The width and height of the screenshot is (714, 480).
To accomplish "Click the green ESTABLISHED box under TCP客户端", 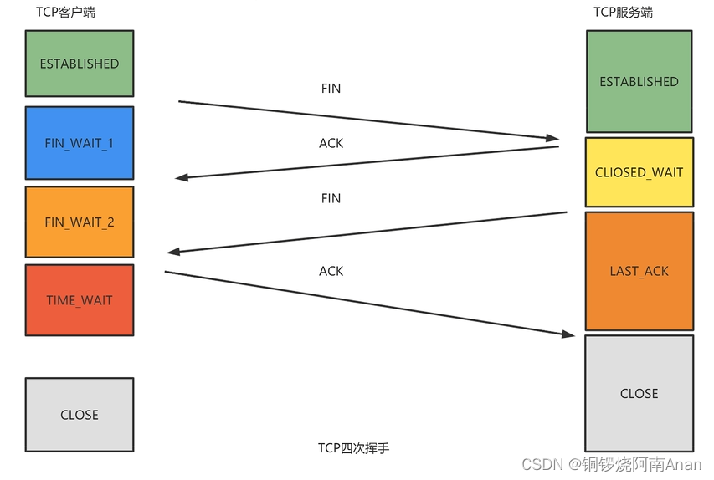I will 80,63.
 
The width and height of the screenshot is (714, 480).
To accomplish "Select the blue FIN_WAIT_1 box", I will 80,143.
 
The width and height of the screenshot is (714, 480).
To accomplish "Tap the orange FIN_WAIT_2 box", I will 80,222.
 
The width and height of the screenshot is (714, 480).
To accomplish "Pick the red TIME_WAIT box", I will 80,300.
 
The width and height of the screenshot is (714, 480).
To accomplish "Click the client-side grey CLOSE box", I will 80,415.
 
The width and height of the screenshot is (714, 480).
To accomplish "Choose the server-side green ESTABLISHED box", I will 639,81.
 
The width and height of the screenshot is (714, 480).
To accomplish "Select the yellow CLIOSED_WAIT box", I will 639,172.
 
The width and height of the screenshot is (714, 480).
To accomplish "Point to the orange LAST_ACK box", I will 639,271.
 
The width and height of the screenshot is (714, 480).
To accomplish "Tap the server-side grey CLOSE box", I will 639,393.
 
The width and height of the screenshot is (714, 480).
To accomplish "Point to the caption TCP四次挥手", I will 353,448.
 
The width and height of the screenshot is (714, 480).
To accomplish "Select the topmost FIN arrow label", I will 331,88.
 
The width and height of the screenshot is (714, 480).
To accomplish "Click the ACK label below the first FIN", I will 331,143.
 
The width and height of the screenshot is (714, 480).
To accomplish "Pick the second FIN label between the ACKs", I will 331,198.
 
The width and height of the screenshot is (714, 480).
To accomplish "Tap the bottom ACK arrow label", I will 331,271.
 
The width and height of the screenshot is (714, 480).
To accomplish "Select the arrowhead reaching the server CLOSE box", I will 568,334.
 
